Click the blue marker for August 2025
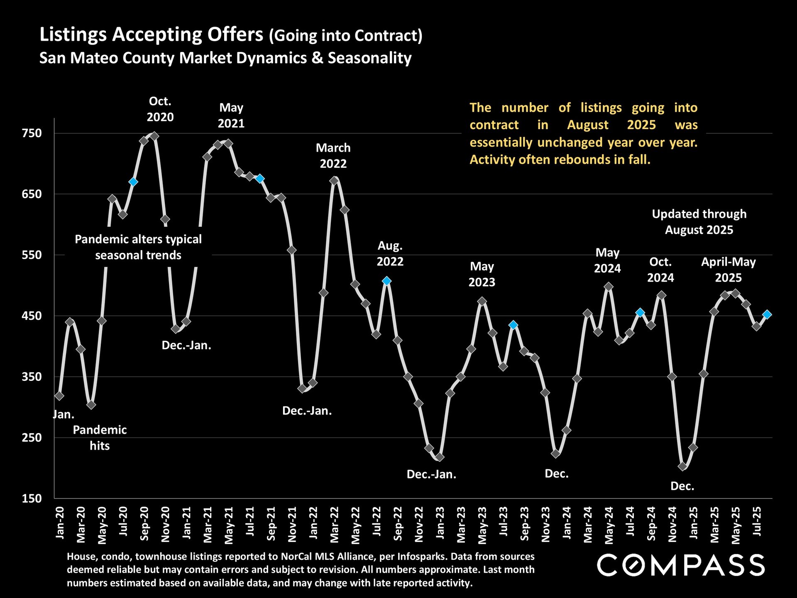[767, 314]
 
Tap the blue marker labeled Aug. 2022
[386, 281]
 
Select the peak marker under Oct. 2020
[154, 136]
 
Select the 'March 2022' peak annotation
[333, 156]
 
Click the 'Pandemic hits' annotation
[100, 438]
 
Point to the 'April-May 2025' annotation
[728, 270]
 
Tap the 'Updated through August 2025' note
[699, 222]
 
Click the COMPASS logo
[681, 565]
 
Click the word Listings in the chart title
[73, 34]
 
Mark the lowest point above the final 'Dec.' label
[682, 466]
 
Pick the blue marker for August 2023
[513, 325]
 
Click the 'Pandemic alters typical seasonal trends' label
[138, 247]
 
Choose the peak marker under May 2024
[609, 287]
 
